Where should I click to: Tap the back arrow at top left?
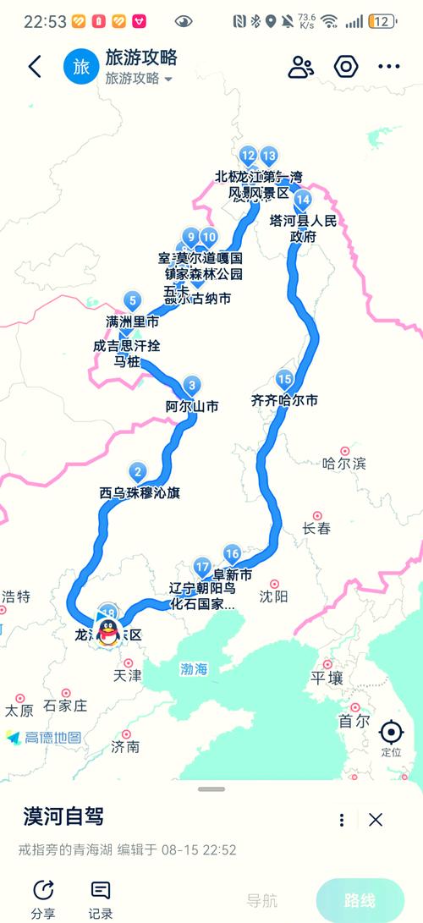point(35,68)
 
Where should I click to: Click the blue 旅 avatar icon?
point(81,68)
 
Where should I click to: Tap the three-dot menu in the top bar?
point(388,68)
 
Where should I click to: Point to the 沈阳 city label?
point(274,596)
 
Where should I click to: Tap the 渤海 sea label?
point(194,669)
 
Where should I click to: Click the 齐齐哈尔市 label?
point(284,400)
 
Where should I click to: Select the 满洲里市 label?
point(132,322)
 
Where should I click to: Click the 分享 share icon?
point(43,890)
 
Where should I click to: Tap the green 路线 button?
point(360,901)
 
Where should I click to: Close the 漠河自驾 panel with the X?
point(376,819)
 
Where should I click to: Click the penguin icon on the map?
point(107,631)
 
